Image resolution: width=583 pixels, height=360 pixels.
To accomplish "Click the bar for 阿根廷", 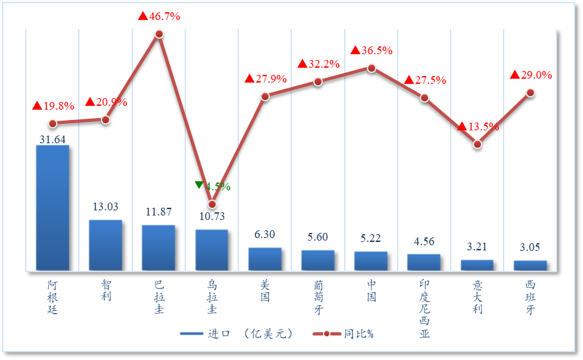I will pos(52,208).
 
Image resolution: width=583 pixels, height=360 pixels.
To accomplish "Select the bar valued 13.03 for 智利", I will pos(105,245).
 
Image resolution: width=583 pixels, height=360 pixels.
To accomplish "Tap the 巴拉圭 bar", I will pos(158,248).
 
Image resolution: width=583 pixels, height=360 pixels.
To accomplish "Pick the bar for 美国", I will pos(265,259).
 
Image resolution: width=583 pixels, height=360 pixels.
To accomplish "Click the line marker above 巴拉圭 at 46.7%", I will pos(159,34).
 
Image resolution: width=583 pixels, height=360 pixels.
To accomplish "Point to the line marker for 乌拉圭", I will pos(212,204).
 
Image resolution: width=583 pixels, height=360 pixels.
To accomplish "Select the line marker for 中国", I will pos(371,67).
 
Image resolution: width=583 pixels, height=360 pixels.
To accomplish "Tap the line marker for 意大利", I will pos(477,144).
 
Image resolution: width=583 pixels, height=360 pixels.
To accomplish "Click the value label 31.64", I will pos(52,139).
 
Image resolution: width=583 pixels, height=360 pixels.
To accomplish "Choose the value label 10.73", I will pos(212,217).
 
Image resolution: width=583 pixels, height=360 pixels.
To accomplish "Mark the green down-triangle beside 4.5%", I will pos(199,185).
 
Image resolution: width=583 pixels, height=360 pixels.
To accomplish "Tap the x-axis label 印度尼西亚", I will pos(424,308).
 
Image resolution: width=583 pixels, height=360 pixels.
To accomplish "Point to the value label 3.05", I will pos(530,247).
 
